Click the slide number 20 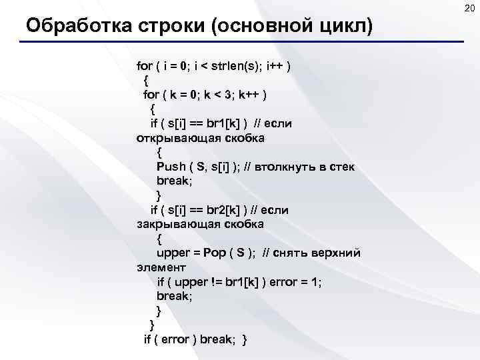pos(468,7)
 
